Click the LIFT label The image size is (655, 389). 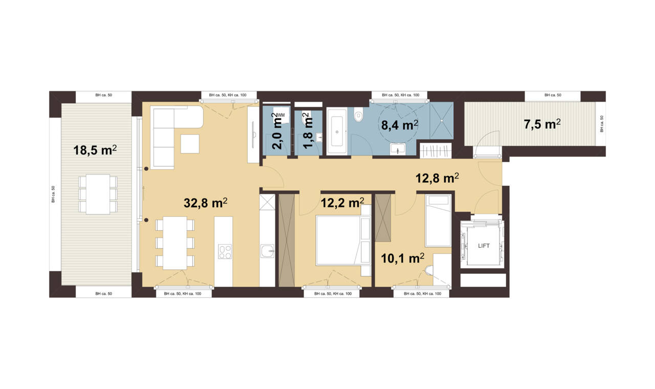coord(484,246)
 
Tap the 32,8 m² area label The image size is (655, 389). coord(206,203)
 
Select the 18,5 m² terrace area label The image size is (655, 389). coord(95,150)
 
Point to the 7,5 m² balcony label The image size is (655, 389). coord(542,124)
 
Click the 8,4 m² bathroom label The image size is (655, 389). coord(400,125)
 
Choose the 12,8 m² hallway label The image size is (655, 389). coord(437,178)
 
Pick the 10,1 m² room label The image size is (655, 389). coord(403,258)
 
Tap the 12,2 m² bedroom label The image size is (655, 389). coord(342,203)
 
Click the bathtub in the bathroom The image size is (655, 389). coord(337,132)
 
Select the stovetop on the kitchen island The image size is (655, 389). coord(225,251)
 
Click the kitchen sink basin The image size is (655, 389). coord(267,251)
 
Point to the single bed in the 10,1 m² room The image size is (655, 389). coord(438,221)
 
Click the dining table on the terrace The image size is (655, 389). coord(98,194)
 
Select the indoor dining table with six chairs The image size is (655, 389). coord(175,243)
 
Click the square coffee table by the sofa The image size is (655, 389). coord(190,144)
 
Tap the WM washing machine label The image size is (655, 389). coord(281,115)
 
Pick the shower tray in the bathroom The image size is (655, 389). coord(442,120)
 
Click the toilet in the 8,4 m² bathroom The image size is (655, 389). coord(359,115)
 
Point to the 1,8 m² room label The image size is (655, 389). coord(308,131)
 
